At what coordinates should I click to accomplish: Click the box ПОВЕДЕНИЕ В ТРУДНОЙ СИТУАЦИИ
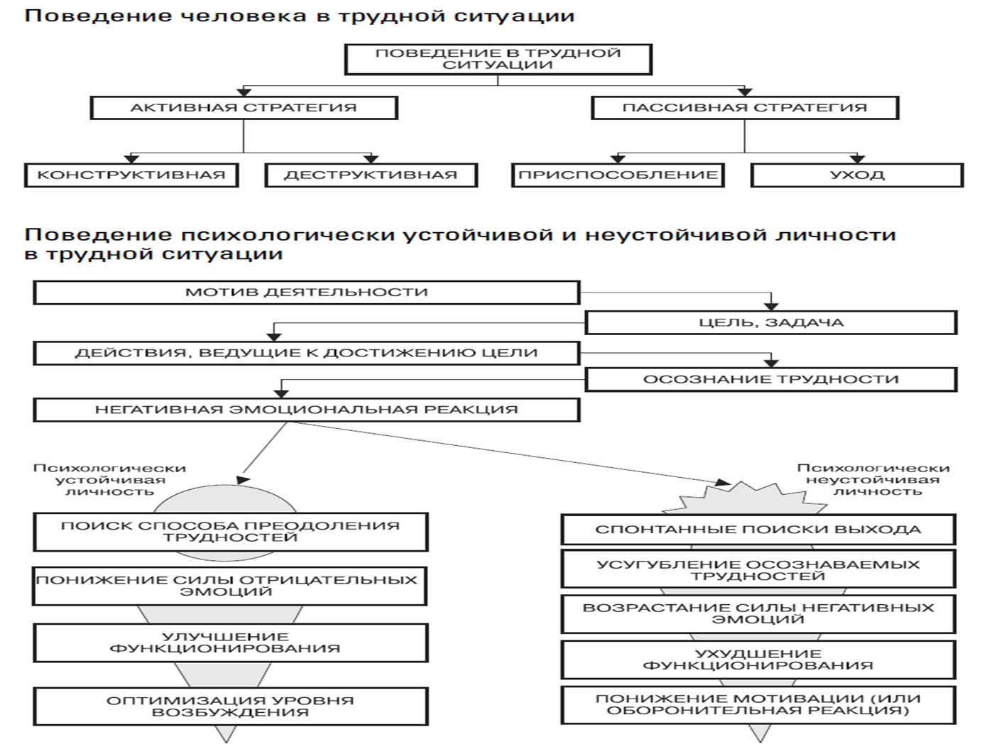[x=498, y=59]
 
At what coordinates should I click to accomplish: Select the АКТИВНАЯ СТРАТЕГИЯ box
[x=244, y=108]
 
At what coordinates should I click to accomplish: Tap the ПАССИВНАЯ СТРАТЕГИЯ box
[x=745, y=108]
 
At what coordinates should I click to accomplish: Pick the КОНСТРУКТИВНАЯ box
[x=131, y=175]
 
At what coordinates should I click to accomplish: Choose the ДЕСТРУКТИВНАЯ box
[x=371, y=175]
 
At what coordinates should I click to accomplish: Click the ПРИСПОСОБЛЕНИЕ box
[x=618, y=175]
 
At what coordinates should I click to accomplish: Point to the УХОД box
[x=857, y=175]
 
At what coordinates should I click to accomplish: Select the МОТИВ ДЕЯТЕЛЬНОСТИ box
[x=307, y=293]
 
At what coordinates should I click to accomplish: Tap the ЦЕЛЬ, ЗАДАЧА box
[x=771, y=322]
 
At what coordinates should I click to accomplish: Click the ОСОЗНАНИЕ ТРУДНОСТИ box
[x=771, y=379]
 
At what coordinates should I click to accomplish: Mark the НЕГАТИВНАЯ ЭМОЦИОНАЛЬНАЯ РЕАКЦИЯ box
[x=307, y=410]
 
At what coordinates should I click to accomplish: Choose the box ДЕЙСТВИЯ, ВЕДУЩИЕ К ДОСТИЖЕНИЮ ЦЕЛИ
[x=307, y=353]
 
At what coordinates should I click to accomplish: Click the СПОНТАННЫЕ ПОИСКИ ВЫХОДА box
[x=758, y=530]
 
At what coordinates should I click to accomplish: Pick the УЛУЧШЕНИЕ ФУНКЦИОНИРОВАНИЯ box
[x=231, y=643]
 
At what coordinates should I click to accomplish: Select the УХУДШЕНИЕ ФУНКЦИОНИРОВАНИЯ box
[x=758, y=660]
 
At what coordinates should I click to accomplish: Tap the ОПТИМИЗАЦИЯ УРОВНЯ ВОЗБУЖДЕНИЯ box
[x=231, y=706]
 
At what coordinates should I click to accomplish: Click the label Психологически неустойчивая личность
[x=873, y=480]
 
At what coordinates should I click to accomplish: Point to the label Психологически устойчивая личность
[x=110, y=480]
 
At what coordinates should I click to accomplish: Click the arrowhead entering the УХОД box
[x=857, y=159]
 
